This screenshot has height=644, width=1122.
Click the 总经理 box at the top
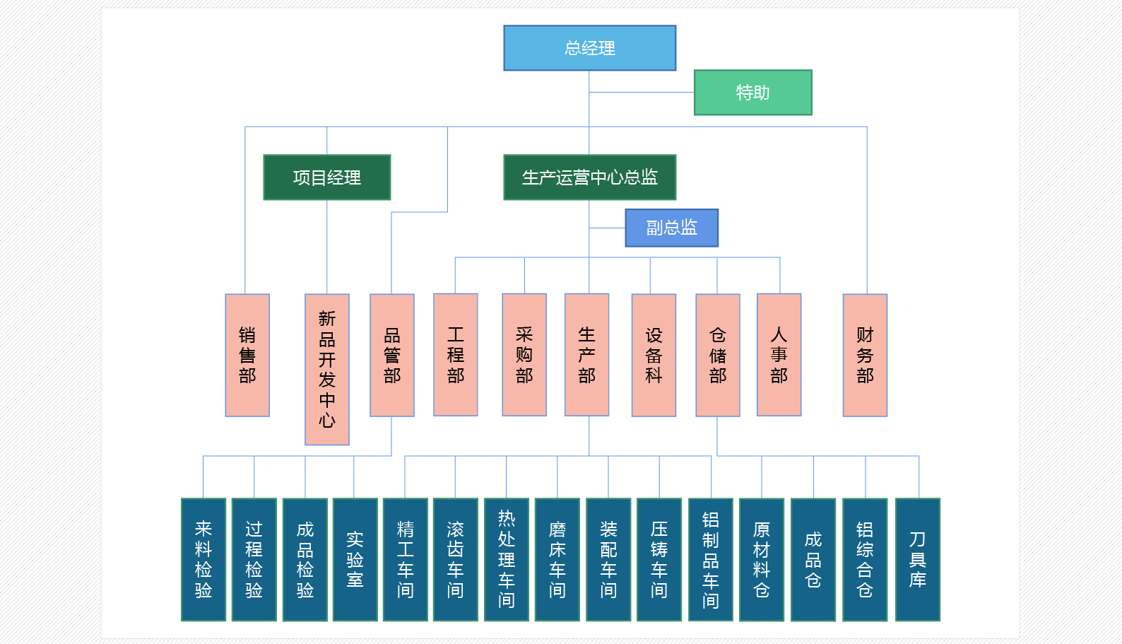pos(589,48)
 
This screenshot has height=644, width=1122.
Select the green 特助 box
pos(752,93)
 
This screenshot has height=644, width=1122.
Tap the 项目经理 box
pos(326,177)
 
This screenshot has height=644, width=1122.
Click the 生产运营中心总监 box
pos(589,177)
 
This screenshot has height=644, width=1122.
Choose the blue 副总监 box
pos(671,228)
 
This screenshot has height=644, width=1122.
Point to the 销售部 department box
pos(247,355)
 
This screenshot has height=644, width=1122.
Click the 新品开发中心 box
pos(326,369)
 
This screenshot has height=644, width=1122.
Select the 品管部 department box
pos(392,355)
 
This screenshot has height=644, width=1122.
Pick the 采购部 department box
pos(524,355)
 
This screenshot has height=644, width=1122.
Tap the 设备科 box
pos(654,355)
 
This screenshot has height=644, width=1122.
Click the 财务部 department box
pos(865,355)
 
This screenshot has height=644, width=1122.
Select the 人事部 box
pos(779,355)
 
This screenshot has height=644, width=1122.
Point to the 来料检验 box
pos(203,559)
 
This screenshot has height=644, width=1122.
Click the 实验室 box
pos(355,559)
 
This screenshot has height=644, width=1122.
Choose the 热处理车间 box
pos(506,559)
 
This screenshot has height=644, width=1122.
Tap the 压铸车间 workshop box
pos(659,559)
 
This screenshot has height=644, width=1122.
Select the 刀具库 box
pos(917,559)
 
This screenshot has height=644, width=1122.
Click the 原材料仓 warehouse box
pos(761,559)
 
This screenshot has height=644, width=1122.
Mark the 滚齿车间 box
pos(455,559)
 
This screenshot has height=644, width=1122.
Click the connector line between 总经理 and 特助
pos(642,92)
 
